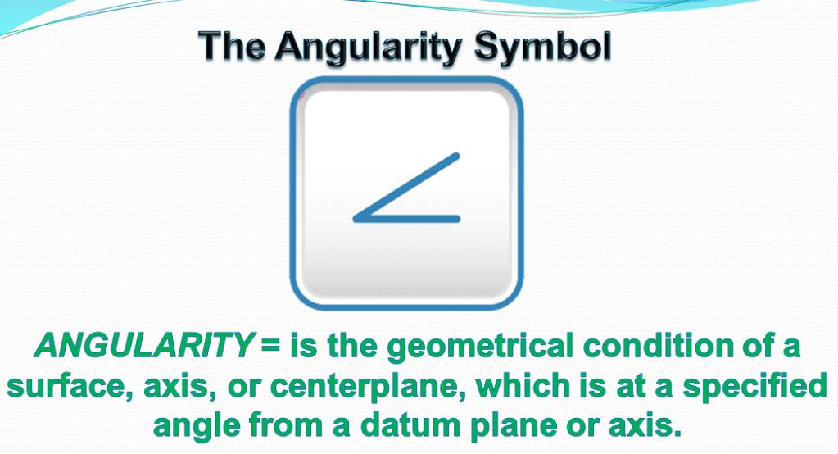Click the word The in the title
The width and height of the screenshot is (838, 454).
click(231, 46)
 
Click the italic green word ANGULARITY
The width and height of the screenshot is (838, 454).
click(144, 346)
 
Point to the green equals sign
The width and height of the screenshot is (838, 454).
click(271, 346)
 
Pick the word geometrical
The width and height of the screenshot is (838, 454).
click(480, 347)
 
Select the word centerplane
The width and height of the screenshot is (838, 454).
click(368, 387)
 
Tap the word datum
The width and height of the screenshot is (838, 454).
click(407, 426)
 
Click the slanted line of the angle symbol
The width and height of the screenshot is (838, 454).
click(406, 187)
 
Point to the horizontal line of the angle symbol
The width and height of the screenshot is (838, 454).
click(406, 219)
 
